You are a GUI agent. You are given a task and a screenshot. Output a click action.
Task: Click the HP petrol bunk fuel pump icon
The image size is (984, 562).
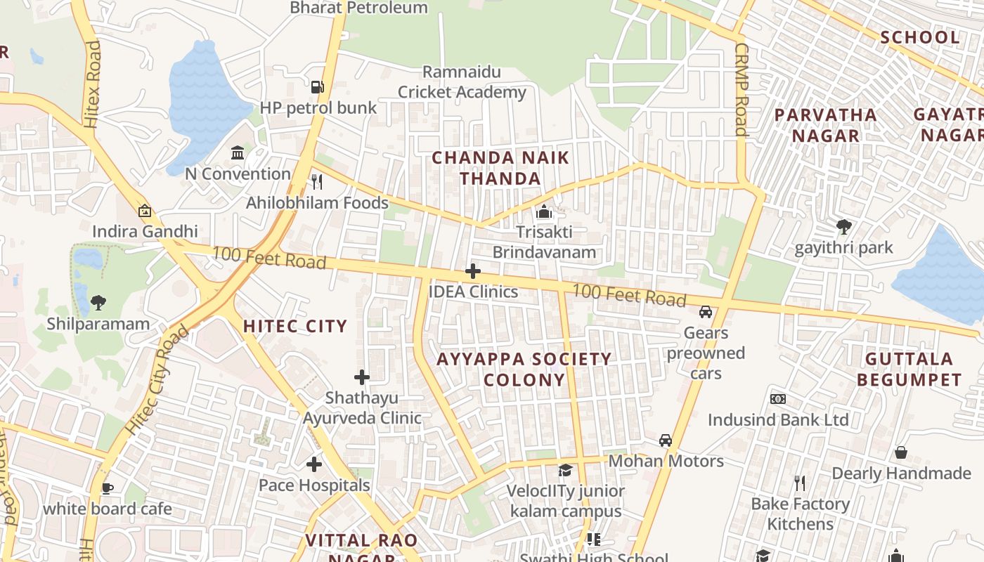[x=318, y=87]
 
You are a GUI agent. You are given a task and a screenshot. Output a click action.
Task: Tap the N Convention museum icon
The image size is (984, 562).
[x=238, y=152]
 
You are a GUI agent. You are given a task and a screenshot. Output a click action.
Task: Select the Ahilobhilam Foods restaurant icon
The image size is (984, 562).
[x=317, y=182]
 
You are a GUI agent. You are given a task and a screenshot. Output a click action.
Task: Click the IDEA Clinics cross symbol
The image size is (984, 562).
[x=473, y=271]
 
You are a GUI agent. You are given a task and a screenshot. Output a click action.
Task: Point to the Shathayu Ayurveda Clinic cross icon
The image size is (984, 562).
[x=362, y=377]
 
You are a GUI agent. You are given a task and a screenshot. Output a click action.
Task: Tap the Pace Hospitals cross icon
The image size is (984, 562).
[x=314, y=464]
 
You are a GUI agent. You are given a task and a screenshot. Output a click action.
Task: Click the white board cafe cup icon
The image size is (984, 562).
[x=108, y=488]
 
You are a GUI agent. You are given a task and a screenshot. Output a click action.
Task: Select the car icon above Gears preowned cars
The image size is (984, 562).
[x=706, y=311]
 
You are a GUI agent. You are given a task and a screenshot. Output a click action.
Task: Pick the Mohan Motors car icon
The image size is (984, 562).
[x=665, y=440]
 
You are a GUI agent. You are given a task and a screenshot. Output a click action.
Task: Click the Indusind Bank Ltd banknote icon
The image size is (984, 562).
[x=778, y=399]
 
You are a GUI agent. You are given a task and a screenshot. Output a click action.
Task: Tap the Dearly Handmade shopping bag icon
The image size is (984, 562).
[x=901, y=452]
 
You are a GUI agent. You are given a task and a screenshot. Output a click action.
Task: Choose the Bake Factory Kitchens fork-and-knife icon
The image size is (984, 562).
[x=799, y=483]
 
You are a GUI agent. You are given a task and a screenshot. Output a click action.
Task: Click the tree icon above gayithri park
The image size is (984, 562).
[x=843, y=227]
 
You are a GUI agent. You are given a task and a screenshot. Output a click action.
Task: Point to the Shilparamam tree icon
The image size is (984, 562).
[x=98, y=303]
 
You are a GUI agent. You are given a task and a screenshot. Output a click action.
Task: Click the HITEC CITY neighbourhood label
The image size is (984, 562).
[x=295, y=326]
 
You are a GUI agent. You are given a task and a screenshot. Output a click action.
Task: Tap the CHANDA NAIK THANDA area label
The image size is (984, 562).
[x=500, y=168]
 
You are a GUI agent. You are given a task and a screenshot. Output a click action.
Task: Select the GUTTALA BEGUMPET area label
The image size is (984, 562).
[x=913, y=370]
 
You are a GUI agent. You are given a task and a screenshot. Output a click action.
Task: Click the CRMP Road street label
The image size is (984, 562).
[x=742, y=89]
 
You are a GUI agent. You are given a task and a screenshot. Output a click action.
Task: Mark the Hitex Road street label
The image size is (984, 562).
[x=93, y=84]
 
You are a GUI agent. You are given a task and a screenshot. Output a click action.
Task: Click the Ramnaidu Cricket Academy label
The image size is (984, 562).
[x=462, y=82]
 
